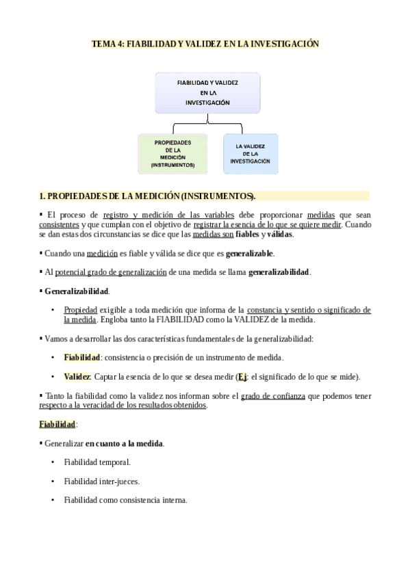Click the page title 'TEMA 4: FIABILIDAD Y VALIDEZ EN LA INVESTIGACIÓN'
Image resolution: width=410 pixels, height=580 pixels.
[205, 44]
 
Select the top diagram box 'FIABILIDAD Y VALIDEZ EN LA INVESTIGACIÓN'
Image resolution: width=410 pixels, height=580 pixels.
[207, 92]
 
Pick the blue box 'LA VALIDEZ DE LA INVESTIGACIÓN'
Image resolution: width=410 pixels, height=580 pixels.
[250, 154]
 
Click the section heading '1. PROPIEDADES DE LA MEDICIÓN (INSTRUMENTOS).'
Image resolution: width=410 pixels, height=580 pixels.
[147, 196]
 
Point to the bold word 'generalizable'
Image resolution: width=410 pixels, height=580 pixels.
[250, 253]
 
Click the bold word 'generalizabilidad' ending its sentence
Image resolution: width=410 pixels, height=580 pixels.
[279, 272]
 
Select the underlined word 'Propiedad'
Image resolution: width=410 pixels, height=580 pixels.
[81, 310]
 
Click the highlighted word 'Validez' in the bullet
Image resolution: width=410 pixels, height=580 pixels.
[77, 377]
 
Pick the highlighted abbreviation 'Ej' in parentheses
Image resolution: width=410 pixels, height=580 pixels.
[242, 377]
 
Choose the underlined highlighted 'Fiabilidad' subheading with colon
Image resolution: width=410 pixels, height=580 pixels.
[57, 425]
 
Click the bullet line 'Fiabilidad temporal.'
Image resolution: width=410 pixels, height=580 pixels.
[97, 462]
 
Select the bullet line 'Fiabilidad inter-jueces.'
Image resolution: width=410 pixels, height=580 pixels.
[101, 482]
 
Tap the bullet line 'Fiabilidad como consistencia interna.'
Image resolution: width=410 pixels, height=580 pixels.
[125, 500]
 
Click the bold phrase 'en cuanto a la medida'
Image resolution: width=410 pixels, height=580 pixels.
[124, 444]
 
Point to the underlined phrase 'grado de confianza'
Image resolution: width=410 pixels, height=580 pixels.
[273, 396]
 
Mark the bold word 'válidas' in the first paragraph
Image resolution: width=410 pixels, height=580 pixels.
[280, 234]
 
